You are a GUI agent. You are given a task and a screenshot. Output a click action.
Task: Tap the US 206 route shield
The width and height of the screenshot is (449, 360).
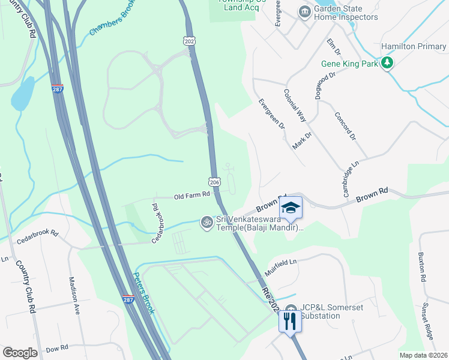215,182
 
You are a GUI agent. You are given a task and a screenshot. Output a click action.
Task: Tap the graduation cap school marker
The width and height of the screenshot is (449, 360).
291,208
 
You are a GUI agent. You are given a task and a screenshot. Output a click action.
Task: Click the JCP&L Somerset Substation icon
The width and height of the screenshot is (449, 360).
291,310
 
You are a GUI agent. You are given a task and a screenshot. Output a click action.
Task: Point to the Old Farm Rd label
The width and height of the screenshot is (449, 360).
192,195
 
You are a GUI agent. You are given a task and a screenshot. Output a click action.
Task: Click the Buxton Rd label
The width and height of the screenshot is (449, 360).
423,270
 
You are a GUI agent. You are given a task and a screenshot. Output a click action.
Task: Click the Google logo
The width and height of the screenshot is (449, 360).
20,353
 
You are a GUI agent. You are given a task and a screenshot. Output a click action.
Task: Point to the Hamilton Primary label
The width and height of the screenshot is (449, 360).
414,46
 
